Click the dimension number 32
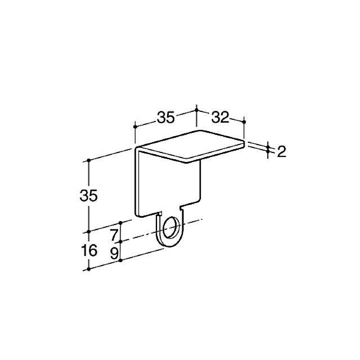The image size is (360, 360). pyautogui.click(x=220, y=118)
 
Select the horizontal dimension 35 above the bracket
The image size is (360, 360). pyautogui.click(x=166, y=118)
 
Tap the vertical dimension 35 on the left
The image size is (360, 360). pyautogui.click(x=89, y=196)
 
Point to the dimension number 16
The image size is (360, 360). pyautogui.click(x=89, y=250)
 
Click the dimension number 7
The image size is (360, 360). pyautogui.click(x=114, y=235)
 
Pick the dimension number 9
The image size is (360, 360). pyautogui.click(x=114, y=254)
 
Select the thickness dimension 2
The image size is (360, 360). pyautogui.click(x=282, y=151)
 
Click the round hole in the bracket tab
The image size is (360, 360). pyautogui.click(x=171, y=227)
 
